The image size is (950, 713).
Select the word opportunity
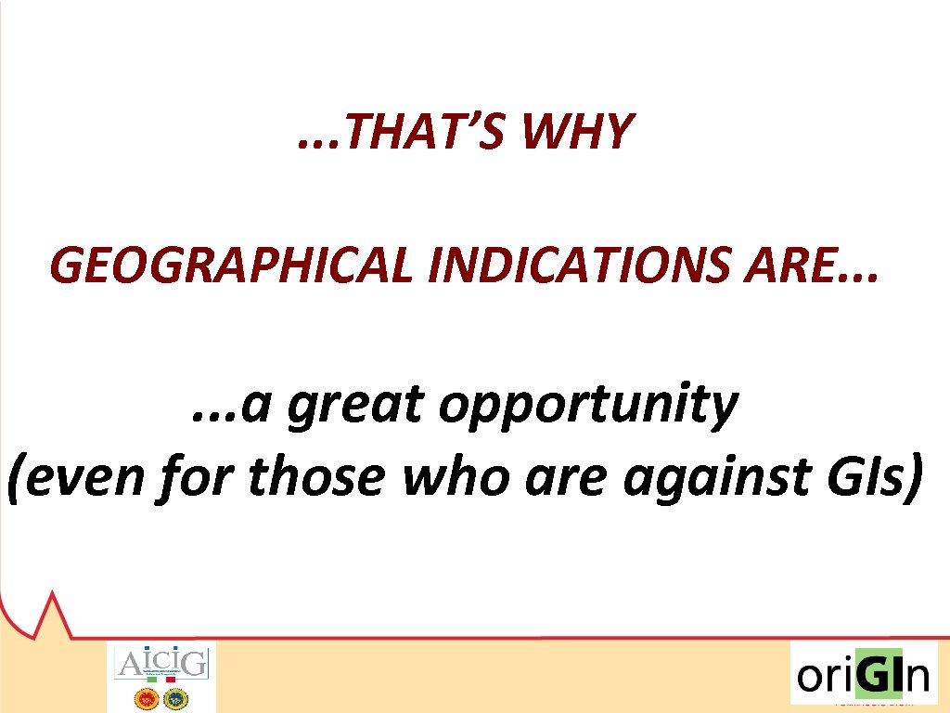587,406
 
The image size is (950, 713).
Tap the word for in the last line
200,477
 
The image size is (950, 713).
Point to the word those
315,477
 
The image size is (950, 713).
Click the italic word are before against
570,477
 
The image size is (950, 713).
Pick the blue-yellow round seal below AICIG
176,697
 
